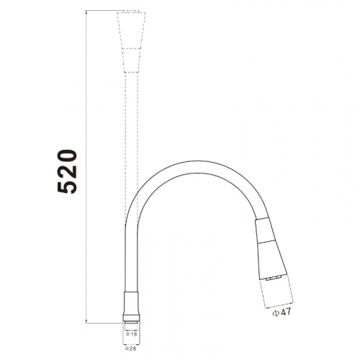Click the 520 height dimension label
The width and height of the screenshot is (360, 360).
(68, 171)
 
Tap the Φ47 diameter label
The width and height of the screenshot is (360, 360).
(282, 312)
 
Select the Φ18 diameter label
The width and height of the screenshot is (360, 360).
(131, 334)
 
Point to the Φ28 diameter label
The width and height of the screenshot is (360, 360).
(130, 348)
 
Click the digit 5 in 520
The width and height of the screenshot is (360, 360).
(68, 186)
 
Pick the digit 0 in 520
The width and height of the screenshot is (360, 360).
(68, 156)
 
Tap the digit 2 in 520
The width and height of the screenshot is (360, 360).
(68, 171)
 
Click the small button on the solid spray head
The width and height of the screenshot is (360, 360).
(273, 278)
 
